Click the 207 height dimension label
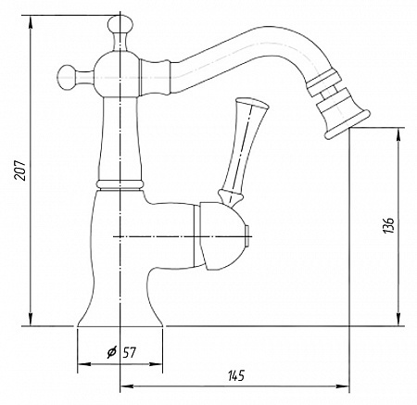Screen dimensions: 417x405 (x=20, y=171)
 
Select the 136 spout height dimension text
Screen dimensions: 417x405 (x=389, y=225)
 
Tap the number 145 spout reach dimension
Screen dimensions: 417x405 (x=236, y=375)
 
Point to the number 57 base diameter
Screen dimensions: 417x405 (x=129, y=352)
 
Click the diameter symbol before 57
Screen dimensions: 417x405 (x=111, y=352)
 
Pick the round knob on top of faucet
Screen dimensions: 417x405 (x=120, y=25)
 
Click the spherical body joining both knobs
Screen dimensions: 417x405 (x=116, y=74)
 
